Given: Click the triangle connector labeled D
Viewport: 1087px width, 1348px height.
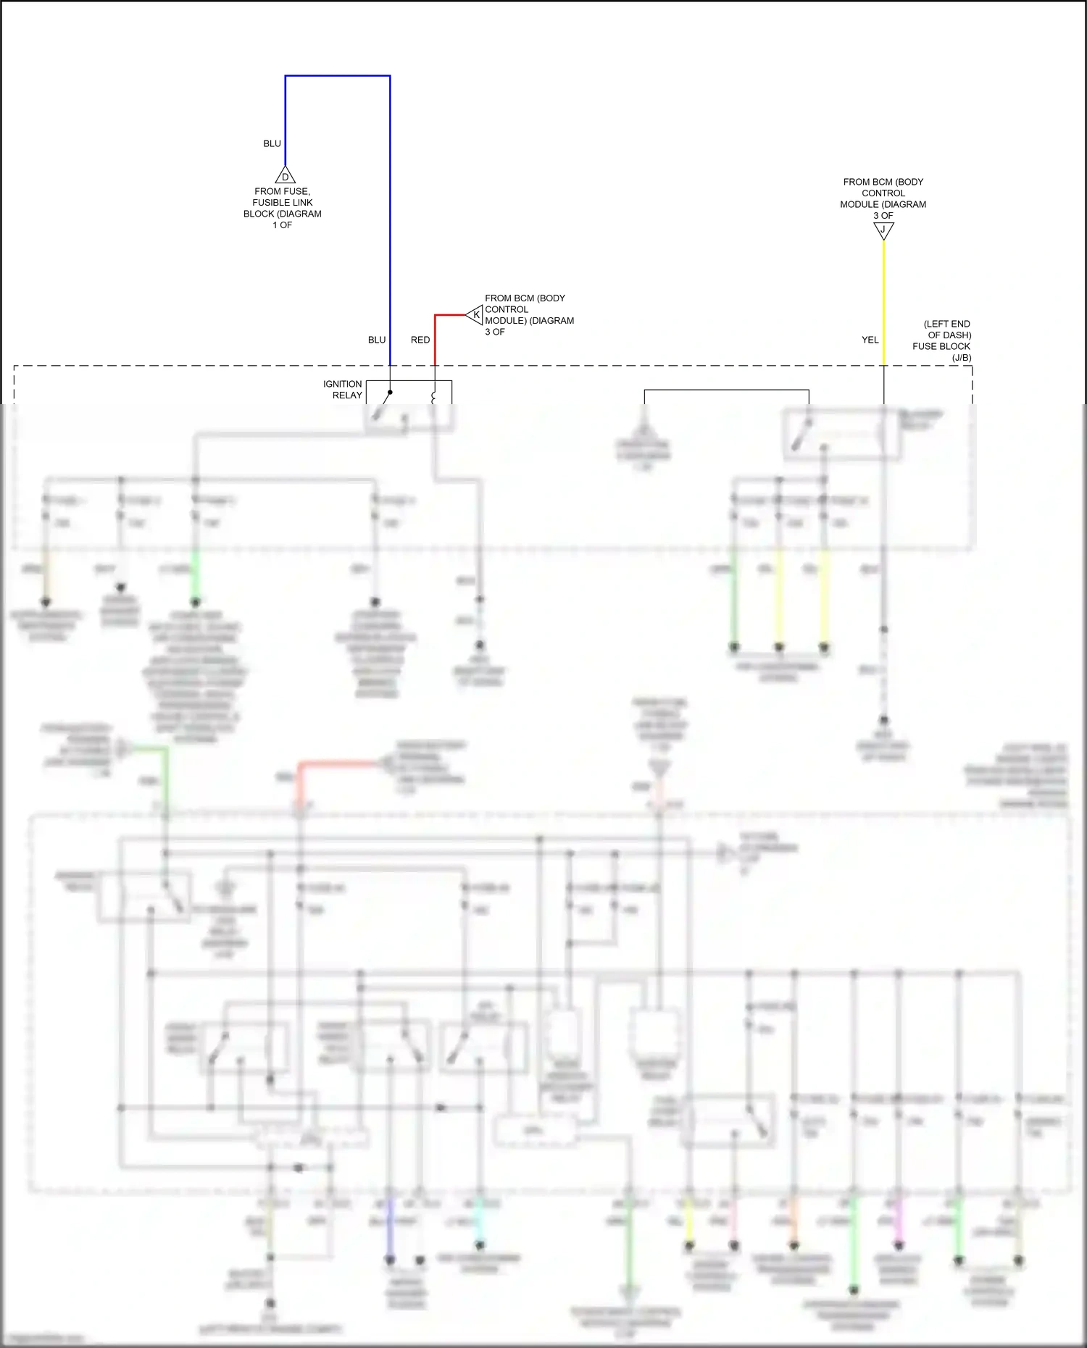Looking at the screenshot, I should (285, 176).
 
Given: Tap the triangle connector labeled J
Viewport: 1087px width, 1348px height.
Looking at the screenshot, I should (883, 230).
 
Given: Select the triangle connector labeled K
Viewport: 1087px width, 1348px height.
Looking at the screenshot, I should (475, 315).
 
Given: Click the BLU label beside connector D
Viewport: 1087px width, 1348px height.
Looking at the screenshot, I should (272, 143).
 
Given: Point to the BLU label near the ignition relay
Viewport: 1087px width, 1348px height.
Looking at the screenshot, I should (377, 340).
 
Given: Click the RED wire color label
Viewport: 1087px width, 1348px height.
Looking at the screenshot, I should (420, 340).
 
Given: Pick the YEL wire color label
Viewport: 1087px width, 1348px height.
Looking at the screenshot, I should (870, 340).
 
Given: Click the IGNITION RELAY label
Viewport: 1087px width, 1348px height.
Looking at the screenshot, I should (343, 390).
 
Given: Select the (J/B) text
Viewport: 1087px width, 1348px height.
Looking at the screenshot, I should (961, 358).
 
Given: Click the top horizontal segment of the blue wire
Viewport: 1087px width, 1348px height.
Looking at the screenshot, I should (338, 75).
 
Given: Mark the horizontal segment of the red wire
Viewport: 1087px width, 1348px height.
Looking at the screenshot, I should (449, 315).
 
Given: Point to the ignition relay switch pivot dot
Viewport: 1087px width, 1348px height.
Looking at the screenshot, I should (390, 393).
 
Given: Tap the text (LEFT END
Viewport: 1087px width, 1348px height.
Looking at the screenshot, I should (946, 324).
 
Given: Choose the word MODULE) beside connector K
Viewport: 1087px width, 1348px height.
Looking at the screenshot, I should (507, 321).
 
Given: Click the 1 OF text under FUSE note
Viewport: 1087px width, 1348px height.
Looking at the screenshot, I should (282, 225).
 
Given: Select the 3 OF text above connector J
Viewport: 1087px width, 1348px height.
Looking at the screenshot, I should (883, 216).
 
